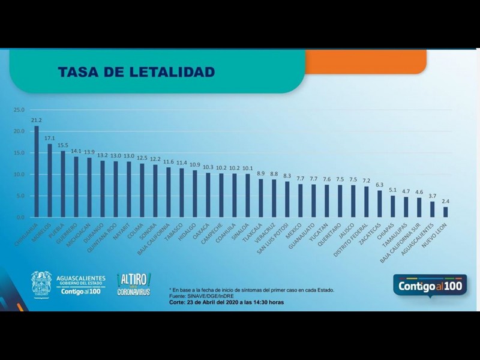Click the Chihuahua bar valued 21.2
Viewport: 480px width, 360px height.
[37, 171]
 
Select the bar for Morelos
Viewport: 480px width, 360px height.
[50, 180]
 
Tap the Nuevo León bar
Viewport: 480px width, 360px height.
[446, 212]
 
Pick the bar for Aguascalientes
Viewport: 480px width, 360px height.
[432, 209]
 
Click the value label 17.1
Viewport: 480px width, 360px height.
[50, 137]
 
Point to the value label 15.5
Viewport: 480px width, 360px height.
[63, 145]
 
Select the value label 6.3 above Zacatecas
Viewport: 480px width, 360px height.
[379, 184]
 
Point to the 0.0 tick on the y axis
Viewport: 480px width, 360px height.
[20, 217]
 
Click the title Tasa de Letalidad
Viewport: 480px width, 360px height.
[136, 73]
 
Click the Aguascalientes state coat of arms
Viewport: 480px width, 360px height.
[41, 283]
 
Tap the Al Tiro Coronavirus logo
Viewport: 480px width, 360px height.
[134, 284]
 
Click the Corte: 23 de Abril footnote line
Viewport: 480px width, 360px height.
[226, 302]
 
